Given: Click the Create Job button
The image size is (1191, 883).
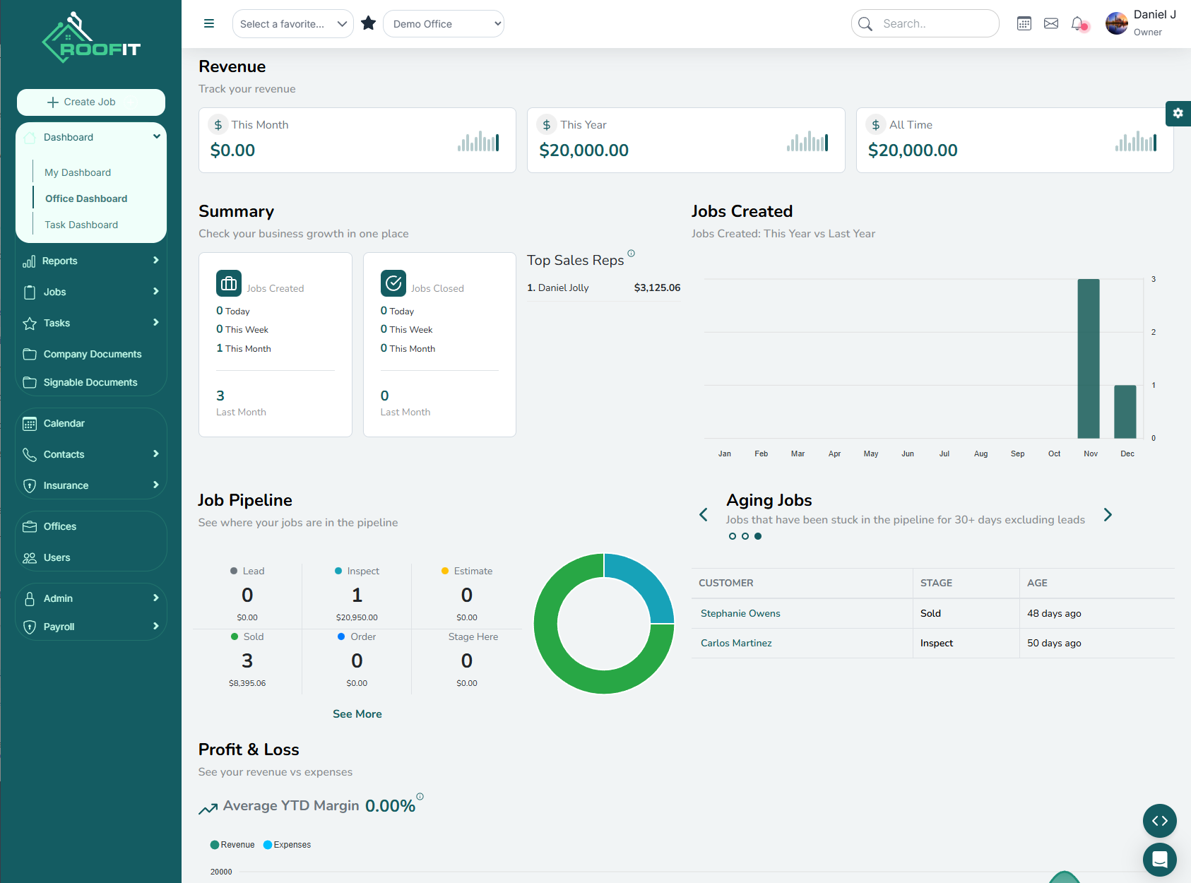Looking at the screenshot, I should click(x=91, y=102).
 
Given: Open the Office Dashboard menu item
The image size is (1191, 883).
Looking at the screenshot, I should click(x=86, y=198).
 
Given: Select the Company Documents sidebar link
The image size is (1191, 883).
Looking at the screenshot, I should click(x=92, y=354).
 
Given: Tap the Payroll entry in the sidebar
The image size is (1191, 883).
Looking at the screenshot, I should click(x=59, y=627).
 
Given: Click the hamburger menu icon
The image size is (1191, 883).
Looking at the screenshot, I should click(x=209, y=23).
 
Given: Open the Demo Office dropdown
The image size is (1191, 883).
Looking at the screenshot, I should click(x=444, y=24).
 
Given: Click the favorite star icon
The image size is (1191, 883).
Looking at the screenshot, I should click(x=368, y=23).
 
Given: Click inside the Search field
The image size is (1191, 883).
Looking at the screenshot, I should click(x=932, y=23).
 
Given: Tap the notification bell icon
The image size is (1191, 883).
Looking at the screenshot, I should click(x=1077, y=23).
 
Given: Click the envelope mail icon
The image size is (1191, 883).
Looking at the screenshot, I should click(x=1051, y=23).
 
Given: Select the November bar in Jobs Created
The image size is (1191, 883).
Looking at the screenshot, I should click(x=1089, y=358).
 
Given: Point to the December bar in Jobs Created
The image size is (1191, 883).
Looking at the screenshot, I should click(x=1125, y=411).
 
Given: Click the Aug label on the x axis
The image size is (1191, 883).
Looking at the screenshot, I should click(x=980, y=454).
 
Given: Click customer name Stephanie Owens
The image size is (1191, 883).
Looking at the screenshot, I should click(x=740, y=613).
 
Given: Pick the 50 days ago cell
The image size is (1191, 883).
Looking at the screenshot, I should click(x=1054, y=643).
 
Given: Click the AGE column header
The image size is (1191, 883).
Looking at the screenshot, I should click(x=1037, y=583).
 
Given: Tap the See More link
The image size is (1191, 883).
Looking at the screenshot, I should click(x=357, y=714).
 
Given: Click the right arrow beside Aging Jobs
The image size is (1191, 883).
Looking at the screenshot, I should click(x=1108, y=515).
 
